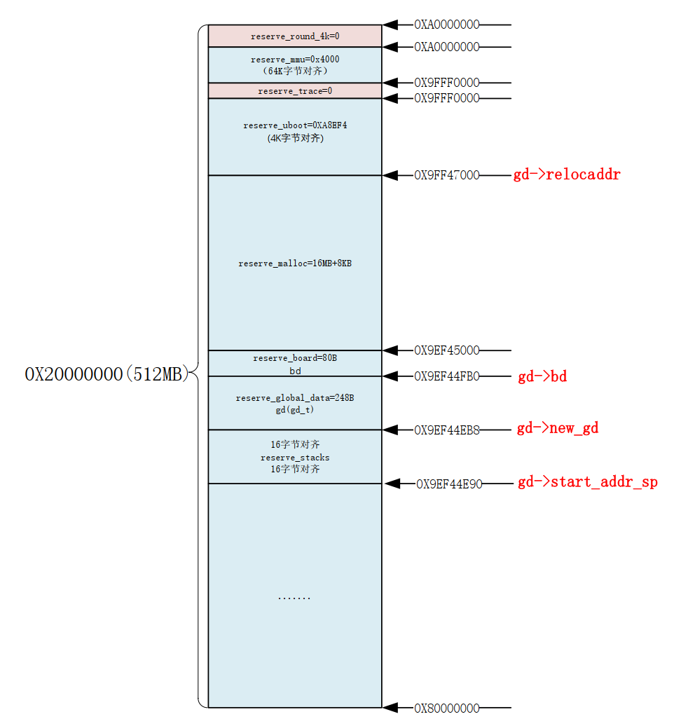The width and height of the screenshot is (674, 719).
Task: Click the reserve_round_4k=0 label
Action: (x=295, y=36)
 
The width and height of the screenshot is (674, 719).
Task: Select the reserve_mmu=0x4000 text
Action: (x=295, y=60)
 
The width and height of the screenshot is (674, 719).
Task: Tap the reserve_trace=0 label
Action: (x=295, y=91)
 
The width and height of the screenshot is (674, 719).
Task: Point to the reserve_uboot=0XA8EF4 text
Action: (x=295, y=125)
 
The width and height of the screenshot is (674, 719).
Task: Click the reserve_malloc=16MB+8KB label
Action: (x=295, y=263)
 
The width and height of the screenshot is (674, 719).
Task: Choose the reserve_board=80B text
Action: (x=295, y=358)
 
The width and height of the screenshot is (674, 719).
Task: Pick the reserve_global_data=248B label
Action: (x=295, y=398)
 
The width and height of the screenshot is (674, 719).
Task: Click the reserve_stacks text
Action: (x=295, y=458)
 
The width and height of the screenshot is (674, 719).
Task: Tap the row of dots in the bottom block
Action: (x=294, y=598)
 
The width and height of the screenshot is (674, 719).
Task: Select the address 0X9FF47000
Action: (x=447, y=175)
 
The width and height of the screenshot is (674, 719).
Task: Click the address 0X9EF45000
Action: (x=447, y=350)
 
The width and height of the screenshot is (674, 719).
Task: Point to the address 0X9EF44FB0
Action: (x=447, y=376)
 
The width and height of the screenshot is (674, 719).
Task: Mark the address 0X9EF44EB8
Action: (x=447, y=429)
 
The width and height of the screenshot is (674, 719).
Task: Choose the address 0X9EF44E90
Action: (x=449, y=484)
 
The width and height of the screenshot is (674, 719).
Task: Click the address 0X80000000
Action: (x=447, y=708)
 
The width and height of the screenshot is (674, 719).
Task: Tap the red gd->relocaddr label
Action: (x=567, y=174)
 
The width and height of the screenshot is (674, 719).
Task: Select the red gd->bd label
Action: (x=542, y=377)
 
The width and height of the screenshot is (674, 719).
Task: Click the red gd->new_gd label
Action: (x=558, y=428)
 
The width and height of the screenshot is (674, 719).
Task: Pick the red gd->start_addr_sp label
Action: (x=587, y=482)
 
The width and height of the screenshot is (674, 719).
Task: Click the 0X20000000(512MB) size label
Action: (x=107, y=374)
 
